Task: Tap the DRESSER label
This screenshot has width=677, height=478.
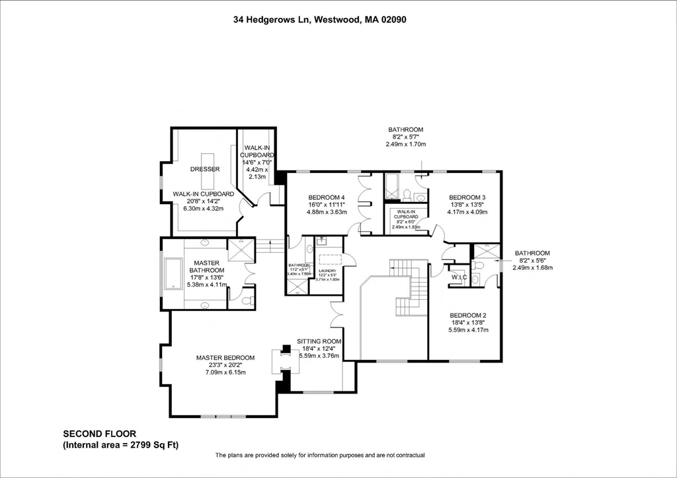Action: click(206, 169)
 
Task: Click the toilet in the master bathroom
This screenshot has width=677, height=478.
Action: click(246, 300)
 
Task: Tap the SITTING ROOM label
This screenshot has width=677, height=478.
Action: click(319, 341)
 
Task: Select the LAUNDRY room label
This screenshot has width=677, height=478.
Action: click(328, 271)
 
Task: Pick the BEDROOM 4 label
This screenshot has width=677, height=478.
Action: click(327, 197)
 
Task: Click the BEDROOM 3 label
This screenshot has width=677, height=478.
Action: click(467, 197)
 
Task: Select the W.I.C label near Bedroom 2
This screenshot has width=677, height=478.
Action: click(459, 277)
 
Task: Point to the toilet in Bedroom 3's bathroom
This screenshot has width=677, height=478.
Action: click(407, 195)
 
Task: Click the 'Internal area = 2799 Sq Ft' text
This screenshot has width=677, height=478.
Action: click(120, 446)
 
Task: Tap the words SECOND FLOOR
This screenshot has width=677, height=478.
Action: click(95, 434)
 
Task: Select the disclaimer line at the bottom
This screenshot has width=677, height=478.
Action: click(319, 456)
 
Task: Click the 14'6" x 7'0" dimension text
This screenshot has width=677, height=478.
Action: click(256, 162)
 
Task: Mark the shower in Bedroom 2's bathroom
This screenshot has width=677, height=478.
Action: click(486, 250)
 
